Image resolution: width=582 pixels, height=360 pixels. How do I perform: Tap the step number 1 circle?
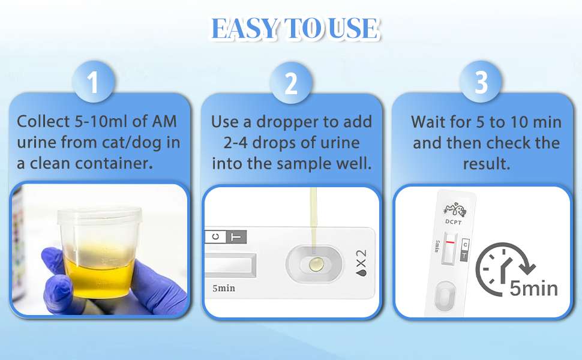(x=93, y=82)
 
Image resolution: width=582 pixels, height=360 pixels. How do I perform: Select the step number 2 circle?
(x=291, y=82)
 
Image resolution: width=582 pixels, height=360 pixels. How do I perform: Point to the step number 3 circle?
(x=481, y=82)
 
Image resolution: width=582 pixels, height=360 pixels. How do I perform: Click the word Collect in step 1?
(x=43, y=121)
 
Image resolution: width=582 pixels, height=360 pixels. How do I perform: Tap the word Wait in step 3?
(x=426, y=122)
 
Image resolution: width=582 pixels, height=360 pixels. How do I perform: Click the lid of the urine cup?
(x=100, y=217)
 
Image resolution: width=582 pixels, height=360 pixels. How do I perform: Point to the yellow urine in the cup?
(x=99, y=275)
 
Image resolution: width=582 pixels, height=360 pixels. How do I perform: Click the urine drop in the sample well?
(x=316, y=265)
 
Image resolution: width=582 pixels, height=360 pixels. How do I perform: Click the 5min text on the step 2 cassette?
(x=224, y=288)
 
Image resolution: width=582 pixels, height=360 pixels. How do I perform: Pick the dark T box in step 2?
(x=236, y=236)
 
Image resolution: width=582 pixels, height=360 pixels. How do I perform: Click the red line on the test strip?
(x=450, y=242)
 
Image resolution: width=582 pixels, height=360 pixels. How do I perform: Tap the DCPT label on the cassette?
(x=453, y=222)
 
